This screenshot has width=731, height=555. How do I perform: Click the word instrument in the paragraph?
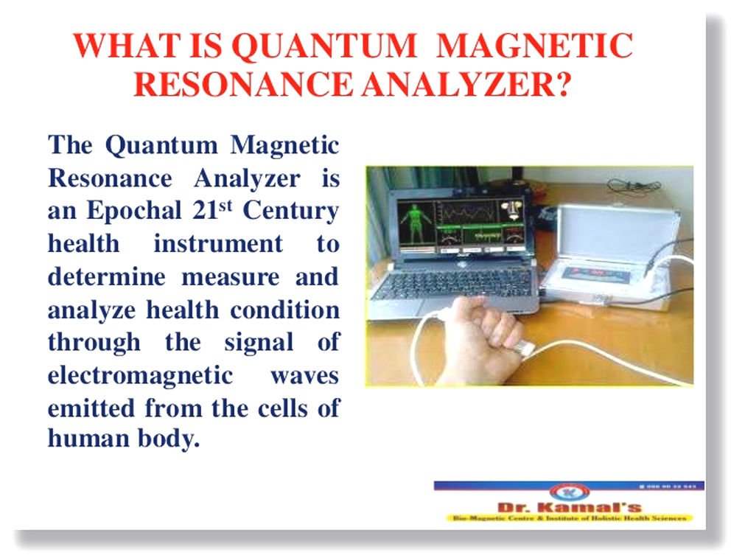217,244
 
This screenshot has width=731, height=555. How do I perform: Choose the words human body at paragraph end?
123,440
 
